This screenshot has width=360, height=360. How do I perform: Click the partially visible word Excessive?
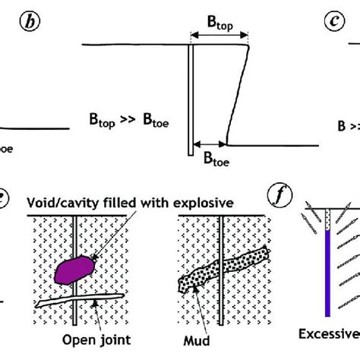333,333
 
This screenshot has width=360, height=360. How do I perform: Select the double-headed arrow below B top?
219,36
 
